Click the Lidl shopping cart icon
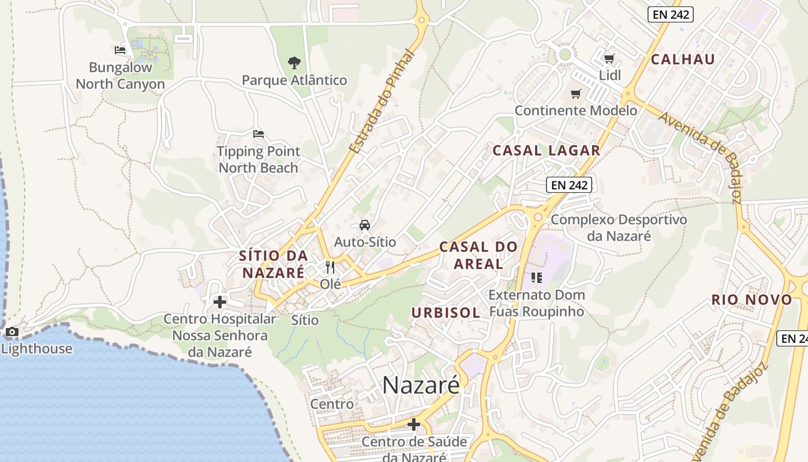(609, 58)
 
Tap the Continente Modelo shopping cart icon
(575, 94)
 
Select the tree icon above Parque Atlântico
(294, 62)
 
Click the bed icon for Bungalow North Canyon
(120, 50)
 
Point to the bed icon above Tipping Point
(259, 134)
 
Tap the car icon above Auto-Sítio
(365, 225)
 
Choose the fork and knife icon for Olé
(330, 267)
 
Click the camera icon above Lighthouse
(12, 332)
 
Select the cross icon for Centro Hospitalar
(220, 301)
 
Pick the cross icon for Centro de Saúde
(414, 425)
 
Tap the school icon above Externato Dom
(537, 278)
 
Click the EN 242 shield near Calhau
(670, 15)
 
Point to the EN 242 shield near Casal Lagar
(569, 185)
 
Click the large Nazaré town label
(421, 385)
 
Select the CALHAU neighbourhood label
(683, 59)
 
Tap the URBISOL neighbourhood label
(446, 313)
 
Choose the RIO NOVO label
(752, 300)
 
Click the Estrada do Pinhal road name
(383, 102)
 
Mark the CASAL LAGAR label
(546, 151)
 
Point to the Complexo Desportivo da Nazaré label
(619, 228)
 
